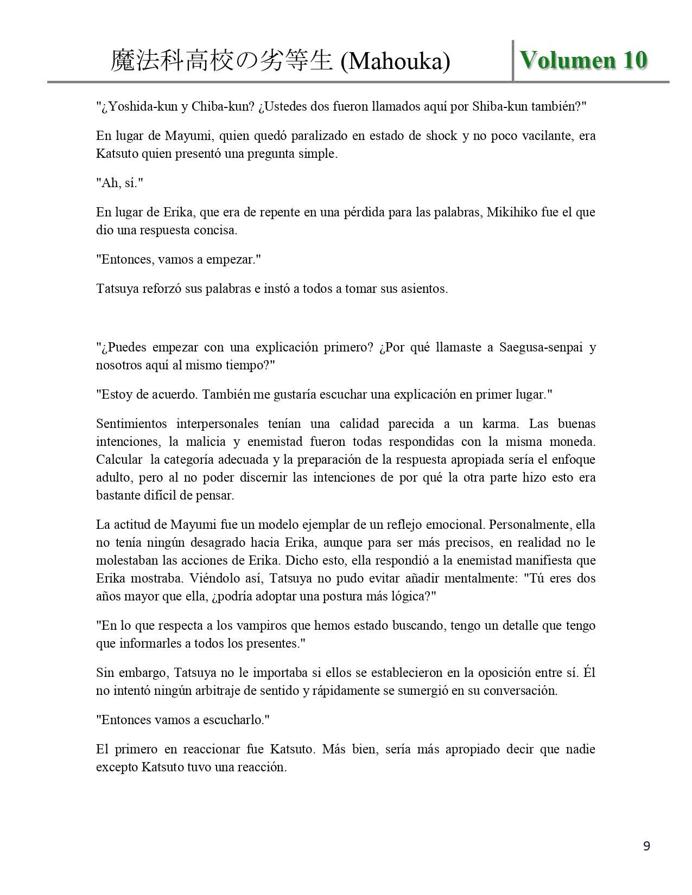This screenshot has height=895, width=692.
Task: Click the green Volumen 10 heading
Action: click(583, 60)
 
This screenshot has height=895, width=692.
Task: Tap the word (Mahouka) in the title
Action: click(395, 62)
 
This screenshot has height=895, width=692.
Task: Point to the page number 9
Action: click(646, 846)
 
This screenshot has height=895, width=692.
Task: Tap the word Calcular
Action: click(119, 459)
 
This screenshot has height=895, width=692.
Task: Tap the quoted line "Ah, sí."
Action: click(119, 183)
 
